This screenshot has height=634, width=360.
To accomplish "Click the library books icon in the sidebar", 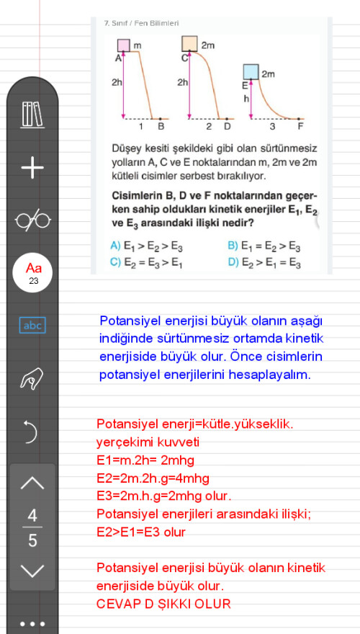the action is pyautogui.click(x=32, y=115).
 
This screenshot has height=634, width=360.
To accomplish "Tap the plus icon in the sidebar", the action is pyautogui.click(x=32, y=169).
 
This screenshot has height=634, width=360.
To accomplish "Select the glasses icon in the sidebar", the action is pyautogui.click(x=32, y=220).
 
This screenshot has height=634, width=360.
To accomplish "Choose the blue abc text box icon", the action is pyautogui.click(x=32, y=326).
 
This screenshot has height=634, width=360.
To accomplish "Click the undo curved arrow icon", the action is pyautogui.click(x=32, y=432).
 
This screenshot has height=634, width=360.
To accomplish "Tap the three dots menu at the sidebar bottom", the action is pyautogui.click(x=32, y=623).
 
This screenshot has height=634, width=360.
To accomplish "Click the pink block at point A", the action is pyautogui.click(x=123, y=45).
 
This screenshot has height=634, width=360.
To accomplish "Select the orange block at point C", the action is pyautogui.click(x=190, y=45).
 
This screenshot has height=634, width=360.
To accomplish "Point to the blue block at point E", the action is pyautogui.click(x=251, y=72).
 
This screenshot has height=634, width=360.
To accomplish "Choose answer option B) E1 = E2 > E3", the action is pyautogui.click(x=264, y=246).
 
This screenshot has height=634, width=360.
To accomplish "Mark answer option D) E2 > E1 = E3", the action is pyautogui.click(x=264, y=262).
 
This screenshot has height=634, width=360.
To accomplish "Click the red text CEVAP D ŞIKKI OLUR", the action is pyautogui.click(x=163, y=603).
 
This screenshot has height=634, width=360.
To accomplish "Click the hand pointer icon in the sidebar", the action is pyautogui.click(x=32, y=379).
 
